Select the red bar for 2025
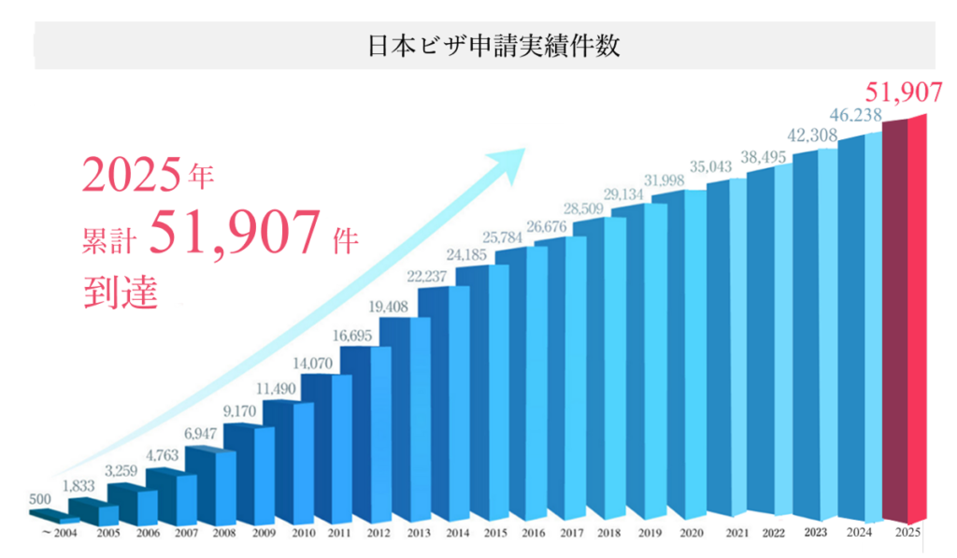coord(905,318)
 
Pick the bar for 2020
coord(687,355)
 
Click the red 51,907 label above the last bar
coord(900,93)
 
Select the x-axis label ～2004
coord(58,535)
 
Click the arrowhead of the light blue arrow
coord(515,158)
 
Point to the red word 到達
coord(120,289)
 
